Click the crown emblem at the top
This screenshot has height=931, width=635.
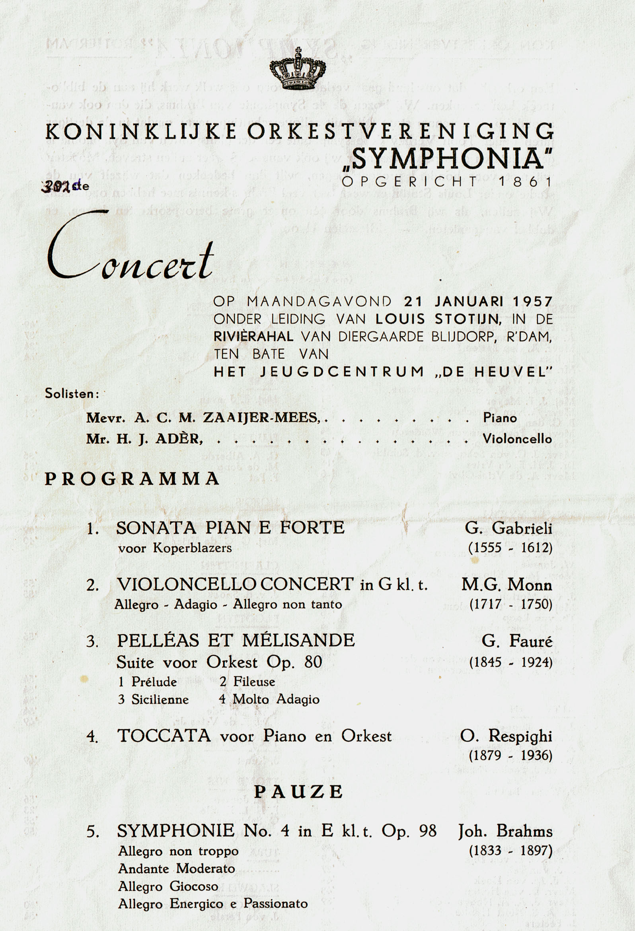click(298, 69)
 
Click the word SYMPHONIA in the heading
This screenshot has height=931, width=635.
click(448, 158)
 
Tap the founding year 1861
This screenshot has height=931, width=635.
click(526, 181)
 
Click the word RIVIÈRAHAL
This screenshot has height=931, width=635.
click(253, 337)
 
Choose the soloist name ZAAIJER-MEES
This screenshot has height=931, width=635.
click(261, 418)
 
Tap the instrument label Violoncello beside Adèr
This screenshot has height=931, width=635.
click(517, 439)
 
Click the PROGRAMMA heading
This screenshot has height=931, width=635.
click(132, 479)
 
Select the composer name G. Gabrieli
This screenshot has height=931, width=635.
click(508, 528)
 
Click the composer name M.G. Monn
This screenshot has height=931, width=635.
click(506, 585)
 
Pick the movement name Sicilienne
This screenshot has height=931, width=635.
click(160, 699)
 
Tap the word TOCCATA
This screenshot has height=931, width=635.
click(164, 736)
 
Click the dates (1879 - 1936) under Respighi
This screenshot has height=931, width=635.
click(510, 756)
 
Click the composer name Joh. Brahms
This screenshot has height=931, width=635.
click(505, 831)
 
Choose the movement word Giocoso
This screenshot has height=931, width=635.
click(194, 886)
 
